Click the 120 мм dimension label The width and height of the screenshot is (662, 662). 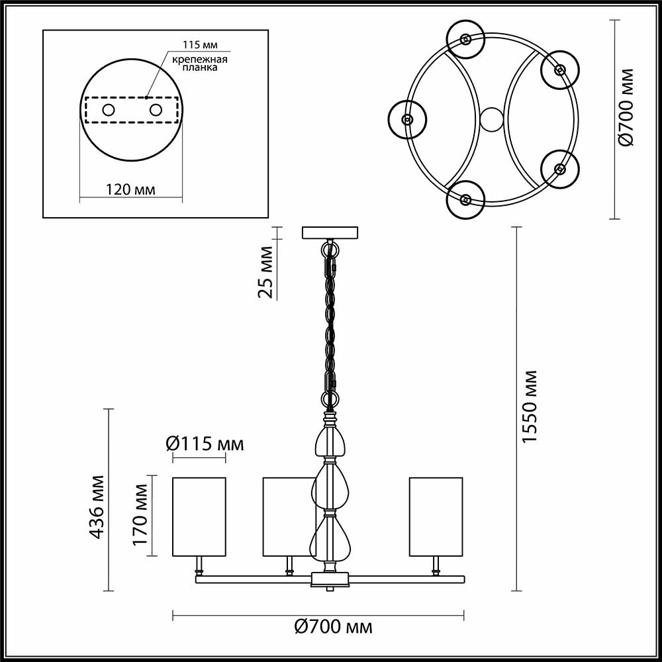point(131,190)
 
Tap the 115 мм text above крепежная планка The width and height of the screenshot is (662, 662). point(200,46)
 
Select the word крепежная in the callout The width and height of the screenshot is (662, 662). point(200,60)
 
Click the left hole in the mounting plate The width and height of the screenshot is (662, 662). point(109,110)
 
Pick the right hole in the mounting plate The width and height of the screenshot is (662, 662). point(156,110)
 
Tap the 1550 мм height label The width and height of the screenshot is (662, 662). point(530,407)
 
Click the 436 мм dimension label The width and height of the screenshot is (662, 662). point(97,506)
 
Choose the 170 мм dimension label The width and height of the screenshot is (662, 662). point(140,514)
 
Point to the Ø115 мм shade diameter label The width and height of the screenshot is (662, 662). point(204,444)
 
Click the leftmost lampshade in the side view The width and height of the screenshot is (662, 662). point(199,516)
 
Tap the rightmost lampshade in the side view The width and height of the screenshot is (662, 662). point(436,516)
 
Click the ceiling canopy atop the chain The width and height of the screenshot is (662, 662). point(330,233)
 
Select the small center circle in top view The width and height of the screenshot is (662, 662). point(491,120)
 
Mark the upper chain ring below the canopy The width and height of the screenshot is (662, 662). point(329,250)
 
